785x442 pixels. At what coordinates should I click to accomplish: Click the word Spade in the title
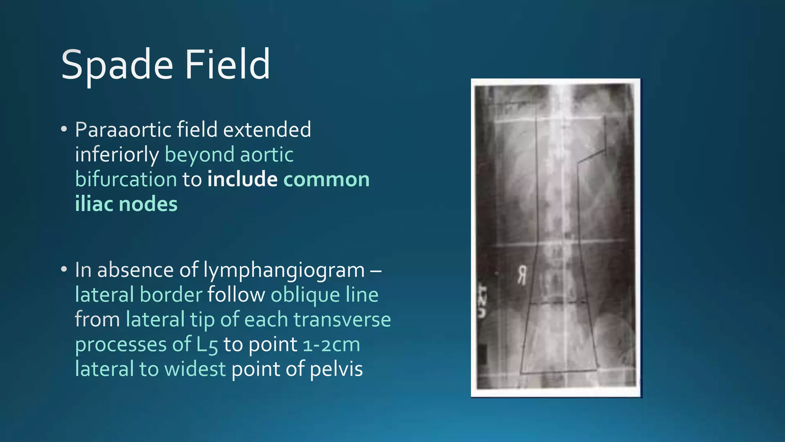click(x=117, y=65)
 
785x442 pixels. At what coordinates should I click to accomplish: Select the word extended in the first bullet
click(x=267, y=130)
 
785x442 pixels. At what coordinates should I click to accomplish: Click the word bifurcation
click(x=126, y=180)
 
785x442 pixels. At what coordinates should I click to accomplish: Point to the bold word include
click(x=242, y=180)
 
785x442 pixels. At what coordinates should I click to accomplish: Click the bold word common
click(x=327, y=180)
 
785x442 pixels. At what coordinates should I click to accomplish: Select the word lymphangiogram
click(x=284, y=270)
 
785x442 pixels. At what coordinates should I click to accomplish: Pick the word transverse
click(x=342, y=320)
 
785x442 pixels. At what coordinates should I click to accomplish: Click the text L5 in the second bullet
click(x=207, y=345)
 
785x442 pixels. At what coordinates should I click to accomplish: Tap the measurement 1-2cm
click(x=331, y=345)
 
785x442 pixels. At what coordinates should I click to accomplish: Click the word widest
click(x=195, y=369)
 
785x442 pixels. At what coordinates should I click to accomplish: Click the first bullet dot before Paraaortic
click(x=64, y=129)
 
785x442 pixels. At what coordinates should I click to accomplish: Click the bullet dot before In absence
click(x=64, y=269)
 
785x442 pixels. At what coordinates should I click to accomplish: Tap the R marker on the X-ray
click(x=522, y=275)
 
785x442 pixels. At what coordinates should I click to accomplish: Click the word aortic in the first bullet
click(x=267, y=155)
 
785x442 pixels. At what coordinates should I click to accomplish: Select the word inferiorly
click(x=117, y=155)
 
